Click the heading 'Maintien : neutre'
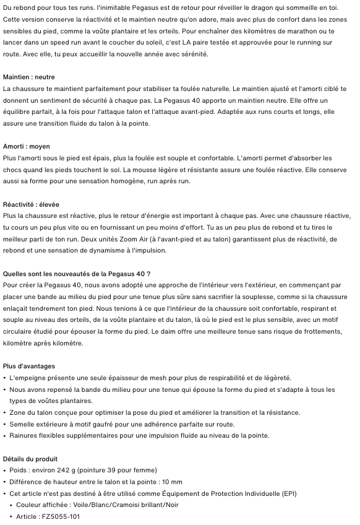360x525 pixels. pos(28,77)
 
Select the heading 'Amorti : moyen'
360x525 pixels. pos(26,147)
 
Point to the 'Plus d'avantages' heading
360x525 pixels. pos(29,366)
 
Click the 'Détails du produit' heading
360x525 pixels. pos(30,459)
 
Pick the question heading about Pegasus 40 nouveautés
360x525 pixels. pos(77,274)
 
